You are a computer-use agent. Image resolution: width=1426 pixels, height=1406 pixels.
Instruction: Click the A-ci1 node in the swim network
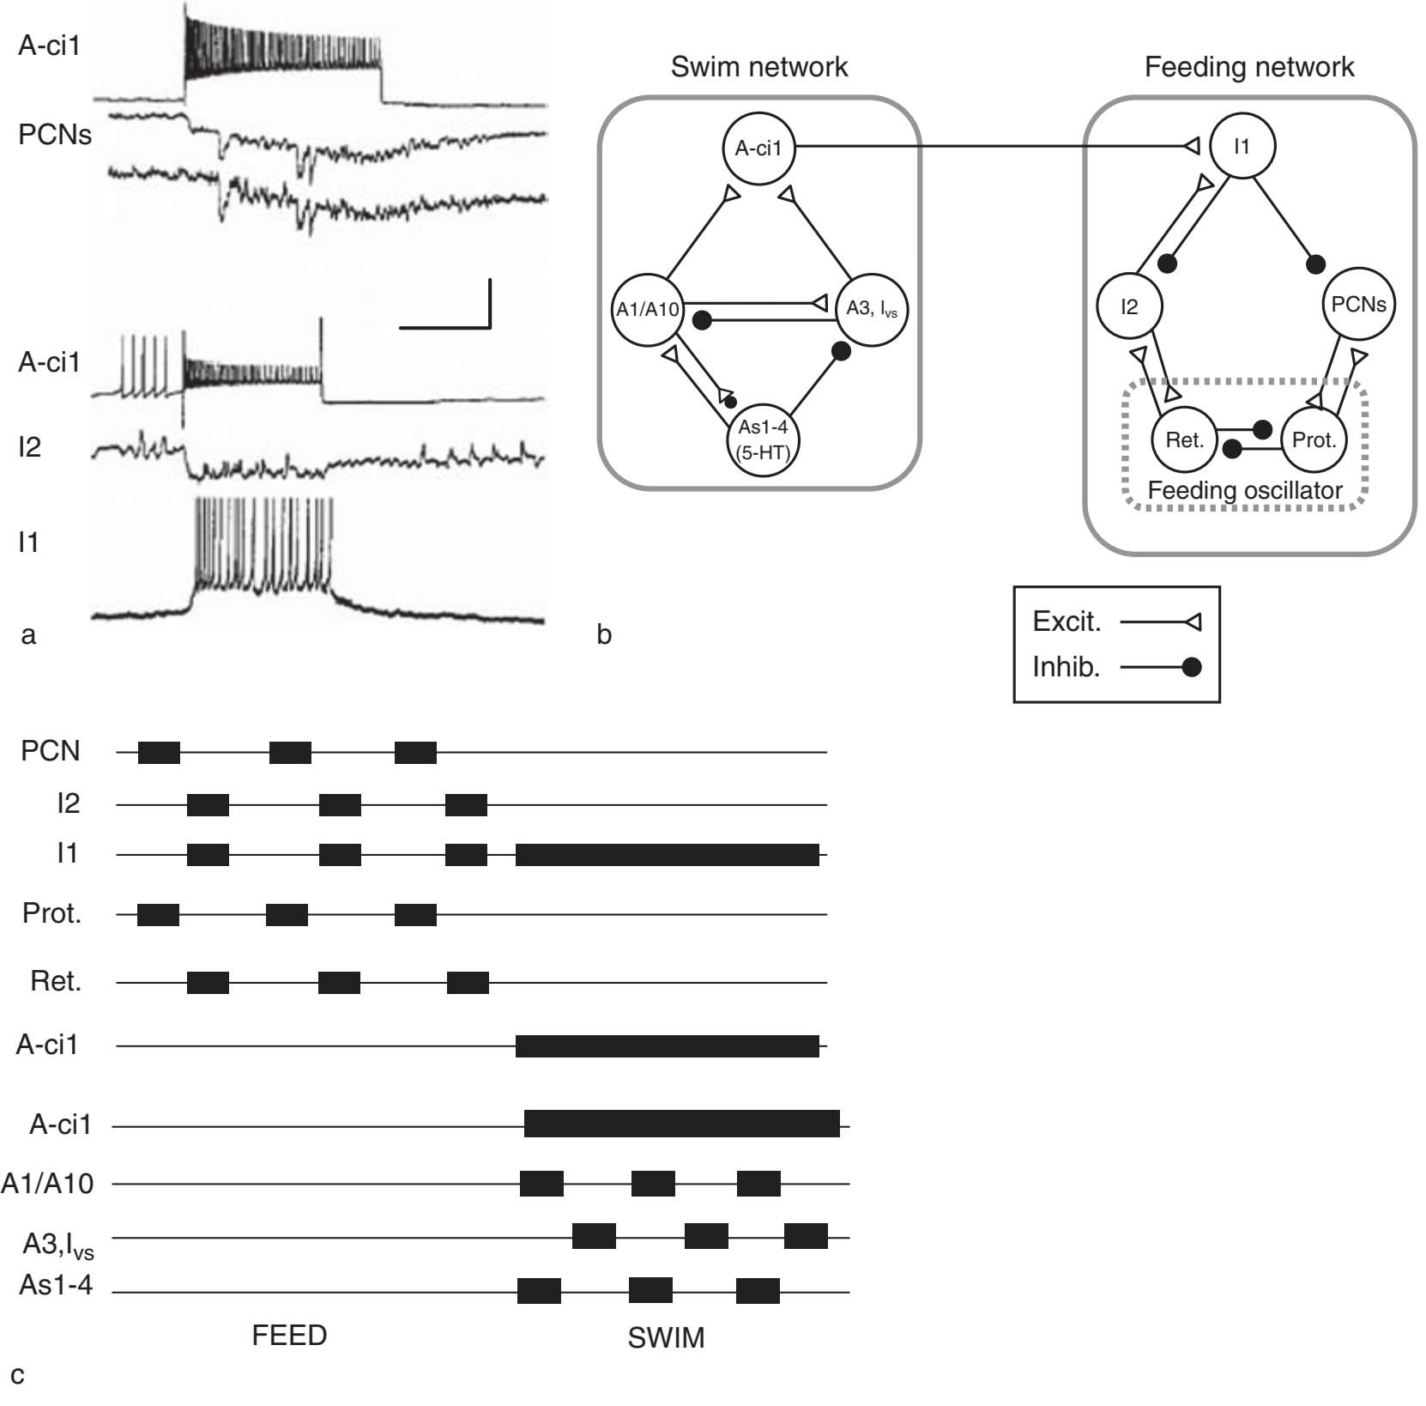click(758, 148)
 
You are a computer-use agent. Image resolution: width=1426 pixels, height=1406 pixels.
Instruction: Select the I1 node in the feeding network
click(1242, 147)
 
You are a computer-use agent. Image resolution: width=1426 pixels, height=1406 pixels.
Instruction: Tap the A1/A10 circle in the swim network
click(648, 309)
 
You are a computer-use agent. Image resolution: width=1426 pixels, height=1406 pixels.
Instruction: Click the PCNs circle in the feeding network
click(1358, 305)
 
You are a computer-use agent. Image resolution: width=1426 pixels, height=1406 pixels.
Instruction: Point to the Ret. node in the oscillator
click(1185, 440)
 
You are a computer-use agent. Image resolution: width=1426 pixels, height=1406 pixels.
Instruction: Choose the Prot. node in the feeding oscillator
click(1314, 440)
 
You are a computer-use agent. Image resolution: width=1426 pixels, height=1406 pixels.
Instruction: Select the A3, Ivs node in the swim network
click(871, 309)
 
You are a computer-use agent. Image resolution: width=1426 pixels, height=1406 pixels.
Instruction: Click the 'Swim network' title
click(758, 67)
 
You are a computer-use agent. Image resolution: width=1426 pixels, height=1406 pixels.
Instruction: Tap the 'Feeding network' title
click(1248, 67)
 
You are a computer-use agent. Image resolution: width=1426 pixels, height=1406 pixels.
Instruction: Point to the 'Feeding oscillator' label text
click(1244, 491)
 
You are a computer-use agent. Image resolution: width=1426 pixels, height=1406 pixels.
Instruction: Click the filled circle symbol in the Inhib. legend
click(1190, 667)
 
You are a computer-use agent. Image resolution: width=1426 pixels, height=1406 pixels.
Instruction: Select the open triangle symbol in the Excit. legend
click(1192, 622)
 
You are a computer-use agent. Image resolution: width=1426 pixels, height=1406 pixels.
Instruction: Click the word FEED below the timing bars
click(289, 1336)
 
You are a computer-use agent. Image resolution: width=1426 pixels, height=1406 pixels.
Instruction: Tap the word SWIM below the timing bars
click(666, 1338)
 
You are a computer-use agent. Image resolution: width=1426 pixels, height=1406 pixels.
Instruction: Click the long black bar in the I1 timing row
click(667, 855)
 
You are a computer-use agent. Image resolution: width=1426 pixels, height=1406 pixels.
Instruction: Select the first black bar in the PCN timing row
click(159, 752)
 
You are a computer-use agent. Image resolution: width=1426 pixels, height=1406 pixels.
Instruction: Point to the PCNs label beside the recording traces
click(54, 135)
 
